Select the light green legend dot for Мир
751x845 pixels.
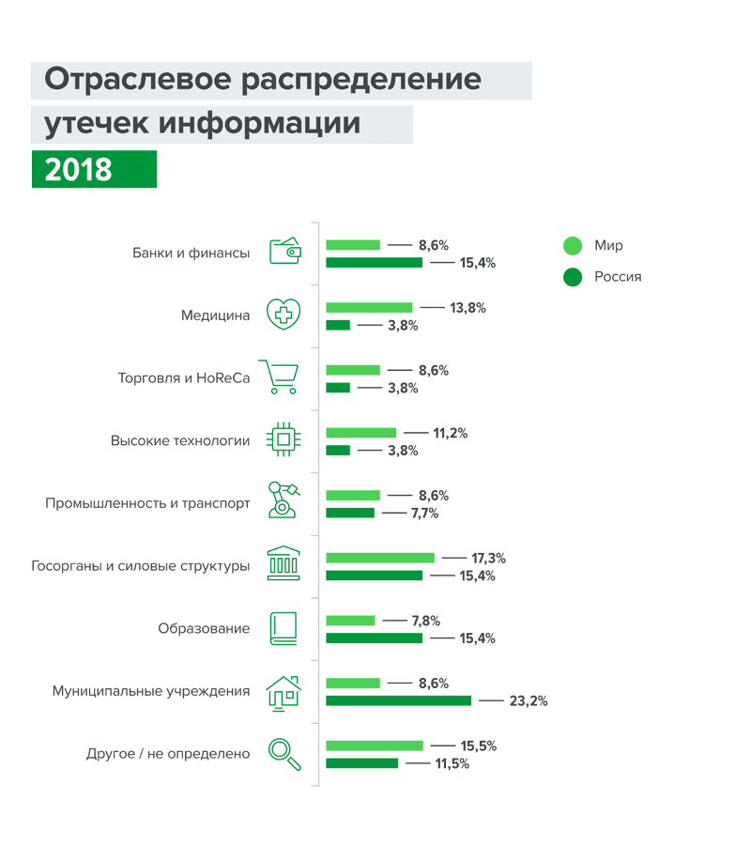pyautogui.click(x=573, y=246)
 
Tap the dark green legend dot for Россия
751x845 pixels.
pyautogui.click(x=573, y=277)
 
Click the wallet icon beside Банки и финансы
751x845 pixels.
pyautogui.click(x=284, y=251)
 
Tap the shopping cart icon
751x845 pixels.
pyautogui.click(x=279, y=376)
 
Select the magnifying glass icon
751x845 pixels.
pyautogui.click(x=284, y=753)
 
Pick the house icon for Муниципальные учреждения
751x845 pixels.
pyautogui.click(x=283, y=692)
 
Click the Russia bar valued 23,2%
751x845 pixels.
pyautogui.click(x=398, y=700)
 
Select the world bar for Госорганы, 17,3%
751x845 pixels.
pyautogui.click(x=380, y=558)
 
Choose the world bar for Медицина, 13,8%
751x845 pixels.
pyautogui.click(x=369, y=308)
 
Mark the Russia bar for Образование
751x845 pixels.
pyautogui.click(x=375, y=638)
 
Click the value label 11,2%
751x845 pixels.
pyautogui.click(x=450, y=434)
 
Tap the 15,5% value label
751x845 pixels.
pyautogui.click(x=478, y=746)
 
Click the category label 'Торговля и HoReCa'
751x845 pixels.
pyautogui.click(x=184, y=378)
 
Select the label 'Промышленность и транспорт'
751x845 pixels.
pyautogui.click(x=147, y=503)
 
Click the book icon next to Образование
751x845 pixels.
pyautogui.click(x=284, y=628)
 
